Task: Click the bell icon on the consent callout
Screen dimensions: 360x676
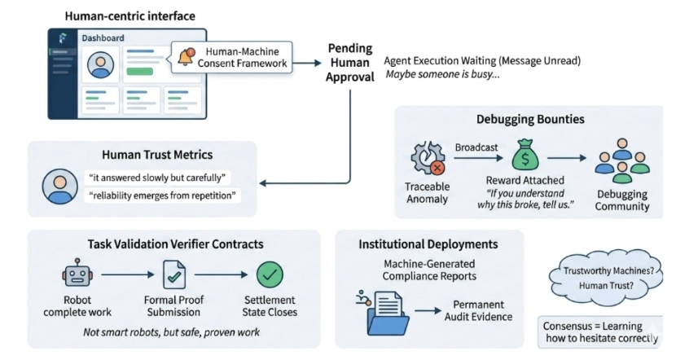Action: tap(185, 56)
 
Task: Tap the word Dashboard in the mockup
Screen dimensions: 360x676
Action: tap(103, 37)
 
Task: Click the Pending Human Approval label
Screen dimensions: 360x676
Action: tap(350, 63)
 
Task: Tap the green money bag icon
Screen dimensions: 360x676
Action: tap(521, 154)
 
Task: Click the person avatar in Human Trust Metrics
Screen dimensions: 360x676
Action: tap(59, 186)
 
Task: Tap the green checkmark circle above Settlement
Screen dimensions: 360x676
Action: tap(270, 274)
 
